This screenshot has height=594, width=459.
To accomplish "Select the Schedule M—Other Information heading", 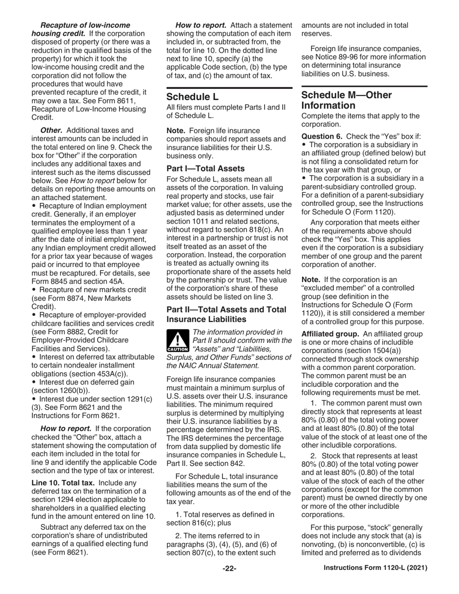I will pyautogui.click(x=346, y=100).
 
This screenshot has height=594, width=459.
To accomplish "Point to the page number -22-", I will pyautogui.click(x=229, y=568).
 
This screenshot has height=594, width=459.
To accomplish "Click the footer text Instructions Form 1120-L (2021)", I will pyautogui.click(x=375, y=568).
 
